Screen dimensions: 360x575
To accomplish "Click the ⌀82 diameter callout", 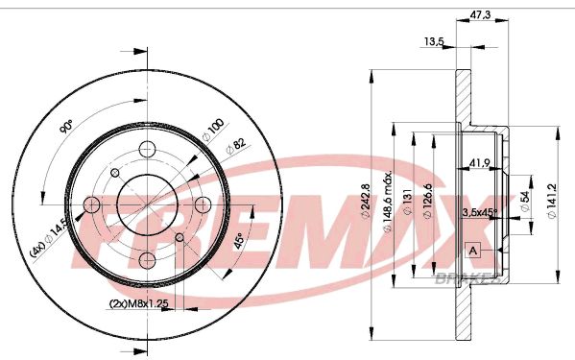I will coord(233,146).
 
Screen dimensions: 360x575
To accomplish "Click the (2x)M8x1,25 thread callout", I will coord(140,305).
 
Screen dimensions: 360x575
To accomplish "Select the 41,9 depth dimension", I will coord(481,162).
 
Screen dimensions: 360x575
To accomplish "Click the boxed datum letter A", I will coord(471,252).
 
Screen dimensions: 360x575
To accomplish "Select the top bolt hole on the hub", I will coord(147,150).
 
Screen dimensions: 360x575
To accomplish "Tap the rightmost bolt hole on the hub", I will coord(203,205).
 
